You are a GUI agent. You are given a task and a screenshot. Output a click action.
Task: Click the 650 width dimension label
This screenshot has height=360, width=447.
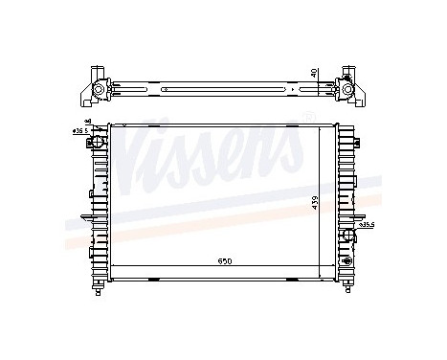click(x=223, y=260)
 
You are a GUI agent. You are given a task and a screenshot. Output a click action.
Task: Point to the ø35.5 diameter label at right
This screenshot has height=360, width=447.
click(x=367, y=226)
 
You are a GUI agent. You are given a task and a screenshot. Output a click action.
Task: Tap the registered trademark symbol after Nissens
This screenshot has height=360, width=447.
click(x=308, y=116)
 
